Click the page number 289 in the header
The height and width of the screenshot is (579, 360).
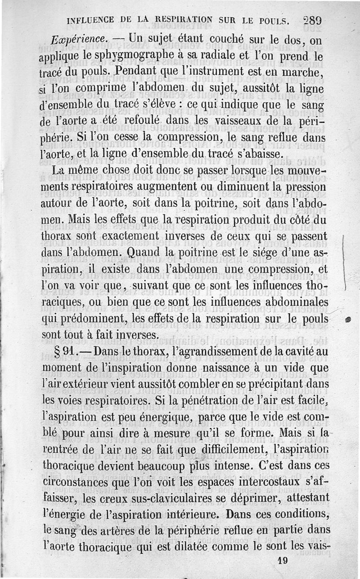[311, 21]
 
